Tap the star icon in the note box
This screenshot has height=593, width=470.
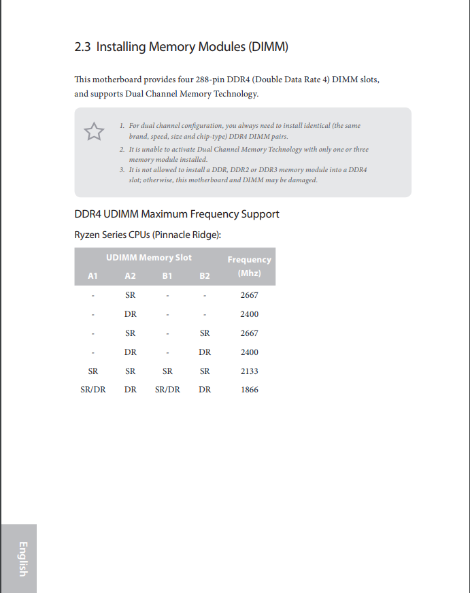(x=94, y=131)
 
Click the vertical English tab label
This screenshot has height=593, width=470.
(x=22, y=558)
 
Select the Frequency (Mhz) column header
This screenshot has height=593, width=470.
(x=249, y=266)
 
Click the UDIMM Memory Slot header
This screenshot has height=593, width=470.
(x=148, y=258)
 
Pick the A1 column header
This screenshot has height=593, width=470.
(x=93, y=275)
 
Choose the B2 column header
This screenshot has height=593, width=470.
(x=205, y=275)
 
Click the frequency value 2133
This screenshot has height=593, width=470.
(x=249, y=371)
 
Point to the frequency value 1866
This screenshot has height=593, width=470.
(x=249, y=390)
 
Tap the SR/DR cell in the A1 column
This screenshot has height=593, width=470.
(x=93, y=390)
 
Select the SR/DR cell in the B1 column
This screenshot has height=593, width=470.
(x=167, y=390)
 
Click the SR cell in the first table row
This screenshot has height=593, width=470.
(x=131, y=295)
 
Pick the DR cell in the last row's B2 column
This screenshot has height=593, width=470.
(x=205, y=390)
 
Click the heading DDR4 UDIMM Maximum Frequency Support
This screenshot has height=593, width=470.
(x=177, y=214)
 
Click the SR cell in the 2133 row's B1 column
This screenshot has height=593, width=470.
(x=167, y=371)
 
